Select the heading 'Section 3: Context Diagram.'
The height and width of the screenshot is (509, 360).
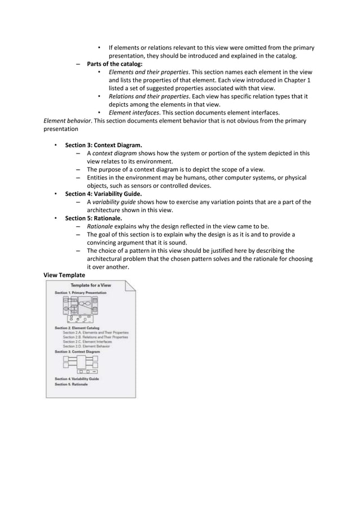click(x=103, y=144)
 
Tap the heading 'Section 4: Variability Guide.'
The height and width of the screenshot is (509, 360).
click(x=103, y=194)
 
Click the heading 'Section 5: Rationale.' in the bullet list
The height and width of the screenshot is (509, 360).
click(x=93, y=218)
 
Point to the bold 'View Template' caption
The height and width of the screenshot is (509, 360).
click(x=64, y=275)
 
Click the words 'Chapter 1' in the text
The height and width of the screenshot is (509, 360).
click(x=297, y=80)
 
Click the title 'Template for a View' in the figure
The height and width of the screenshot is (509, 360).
click(x=91, y=286)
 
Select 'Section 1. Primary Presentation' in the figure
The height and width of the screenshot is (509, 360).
click(x=80, y=293)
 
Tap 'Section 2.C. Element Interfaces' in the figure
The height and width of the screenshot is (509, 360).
click(x=87, y=341)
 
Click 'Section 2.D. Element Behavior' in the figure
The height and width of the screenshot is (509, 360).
click(x=86, y=346)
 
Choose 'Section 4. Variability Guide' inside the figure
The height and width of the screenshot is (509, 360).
click(x=77, y=379)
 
